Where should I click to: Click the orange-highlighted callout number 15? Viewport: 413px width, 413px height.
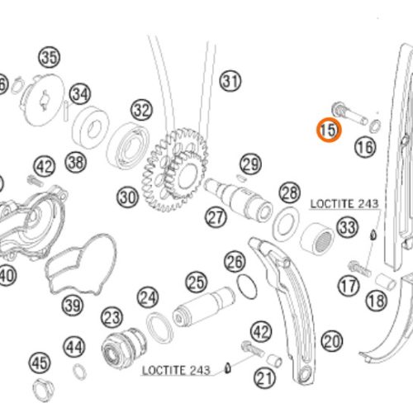pyautogui.click(x=329, y=130)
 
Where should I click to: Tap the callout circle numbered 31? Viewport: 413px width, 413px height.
pyautogui.click(x=230, y=81)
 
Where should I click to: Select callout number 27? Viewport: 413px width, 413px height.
pyautogui.click(x=216, y=217)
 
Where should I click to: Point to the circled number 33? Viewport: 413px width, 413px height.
pyautogui.click(x=348, y=227)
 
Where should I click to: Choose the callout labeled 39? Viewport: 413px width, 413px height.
pyautogui.click(x=72, y=306)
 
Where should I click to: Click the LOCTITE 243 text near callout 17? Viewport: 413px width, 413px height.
pyautogui.click(x=344, y=204)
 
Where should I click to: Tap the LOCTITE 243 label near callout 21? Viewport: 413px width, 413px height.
pyautogui.click(x=176, y=370)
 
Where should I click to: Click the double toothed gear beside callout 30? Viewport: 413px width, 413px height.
pyautogui.click(x=174, y=170)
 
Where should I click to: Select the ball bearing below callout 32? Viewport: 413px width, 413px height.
pyautogui.click(x=128, y=146)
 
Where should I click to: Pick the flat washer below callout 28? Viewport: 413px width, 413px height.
pyautogui.click(x=286, y=224)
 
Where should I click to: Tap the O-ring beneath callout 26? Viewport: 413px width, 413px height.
pyautogui.click(x=247, y=287)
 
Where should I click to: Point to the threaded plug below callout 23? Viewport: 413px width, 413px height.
pyautogui.click(x=123, y=348)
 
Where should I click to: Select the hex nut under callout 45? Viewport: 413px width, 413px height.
pyautogui.click(x=44, y=390)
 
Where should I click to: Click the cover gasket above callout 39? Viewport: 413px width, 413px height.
pyautogui.click(x=80, y=263)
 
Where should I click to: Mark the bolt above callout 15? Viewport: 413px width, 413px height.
pyautogui.click(x=349, y=113)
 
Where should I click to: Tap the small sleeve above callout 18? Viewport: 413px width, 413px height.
pyautogui.click(x=386, y=282)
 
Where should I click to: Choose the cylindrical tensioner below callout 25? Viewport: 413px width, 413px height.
pyautogui.click(x=204, y=306)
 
